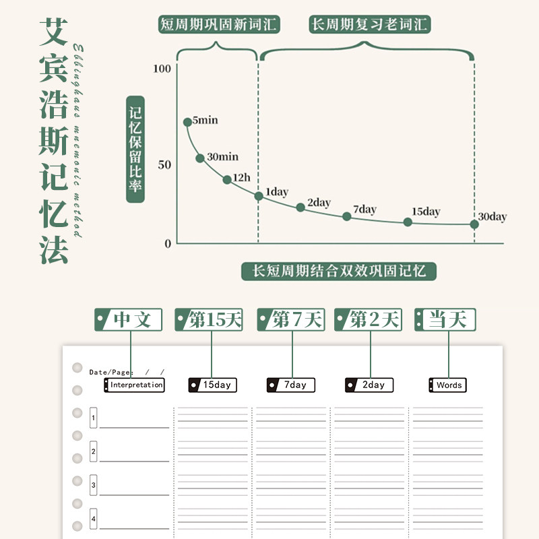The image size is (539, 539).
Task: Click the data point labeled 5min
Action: (187, 122)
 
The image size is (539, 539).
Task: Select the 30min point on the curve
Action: (200, 158)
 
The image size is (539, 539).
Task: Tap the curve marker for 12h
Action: (227, 179)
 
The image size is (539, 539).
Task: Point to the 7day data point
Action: (347, 216)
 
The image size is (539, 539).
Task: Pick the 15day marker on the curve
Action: (408, 222)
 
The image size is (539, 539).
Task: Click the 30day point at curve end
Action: (474, 224)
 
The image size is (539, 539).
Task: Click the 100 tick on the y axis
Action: (162, 69)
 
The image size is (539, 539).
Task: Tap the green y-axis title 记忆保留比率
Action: (135, 149)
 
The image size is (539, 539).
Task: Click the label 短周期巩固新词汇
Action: (219, 26)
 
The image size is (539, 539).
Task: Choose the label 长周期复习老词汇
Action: (370, 26)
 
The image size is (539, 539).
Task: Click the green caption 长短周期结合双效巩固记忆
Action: (339, 272)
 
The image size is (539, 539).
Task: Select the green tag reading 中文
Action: (129, 319)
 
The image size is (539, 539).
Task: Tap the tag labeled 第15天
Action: (209, 319)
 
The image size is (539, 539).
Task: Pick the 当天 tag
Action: (445, 319)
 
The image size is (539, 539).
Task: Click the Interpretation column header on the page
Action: (135, 385)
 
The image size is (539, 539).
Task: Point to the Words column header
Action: (448, 385)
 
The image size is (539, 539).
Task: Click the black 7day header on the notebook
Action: (292, 385)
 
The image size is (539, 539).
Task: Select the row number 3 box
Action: (94, 484)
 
